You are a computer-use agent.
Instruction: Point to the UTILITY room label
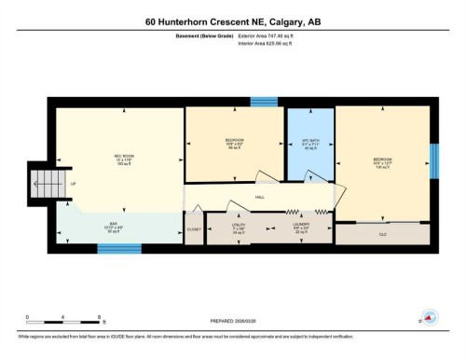pos(239,226)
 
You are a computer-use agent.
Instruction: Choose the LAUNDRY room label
pos(298,226)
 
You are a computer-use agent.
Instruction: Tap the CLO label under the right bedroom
pos(383,234)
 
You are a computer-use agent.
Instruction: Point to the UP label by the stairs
pos(74,184)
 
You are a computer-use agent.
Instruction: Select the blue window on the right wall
pos(433,159)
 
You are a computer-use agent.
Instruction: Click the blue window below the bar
pos(118,248)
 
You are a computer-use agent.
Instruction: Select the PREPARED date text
pos(233,314)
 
